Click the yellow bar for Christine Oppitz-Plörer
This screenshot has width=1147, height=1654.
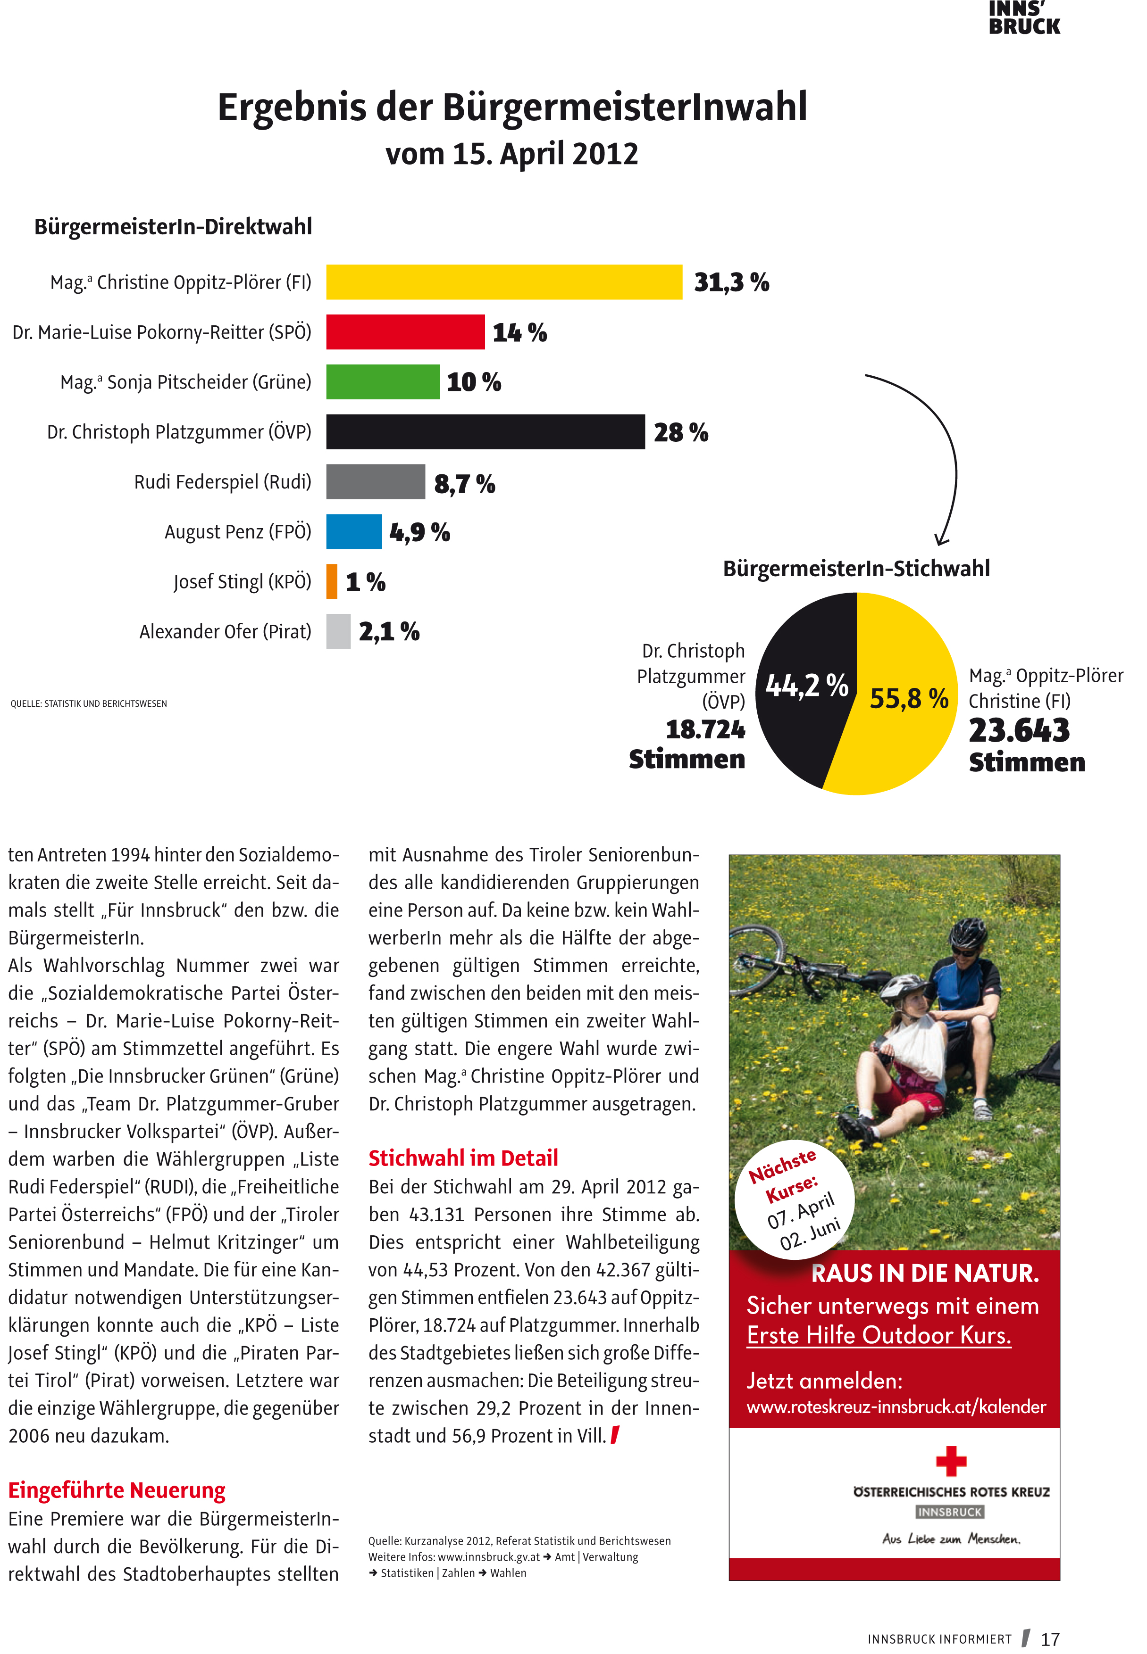tap(503, 282)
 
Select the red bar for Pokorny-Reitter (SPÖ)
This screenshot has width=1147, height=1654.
tap(405, 332)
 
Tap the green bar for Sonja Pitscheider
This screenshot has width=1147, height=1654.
tap(382, 381)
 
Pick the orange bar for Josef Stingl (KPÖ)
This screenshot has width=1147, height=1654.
tap(331, 581)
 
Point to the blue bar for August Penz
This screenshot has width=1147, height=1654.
tap(353, 531)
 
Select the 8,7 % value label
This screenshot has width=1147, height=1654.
tap(464, 483)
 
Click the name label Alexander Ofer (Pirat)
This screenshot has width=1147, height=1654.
tap(225, 631)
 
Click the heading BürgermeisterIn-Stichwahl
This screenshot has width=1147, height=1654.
tap(856, 568)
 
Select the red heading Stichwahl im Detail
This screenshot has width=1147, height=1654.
tap(463, 1158)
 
